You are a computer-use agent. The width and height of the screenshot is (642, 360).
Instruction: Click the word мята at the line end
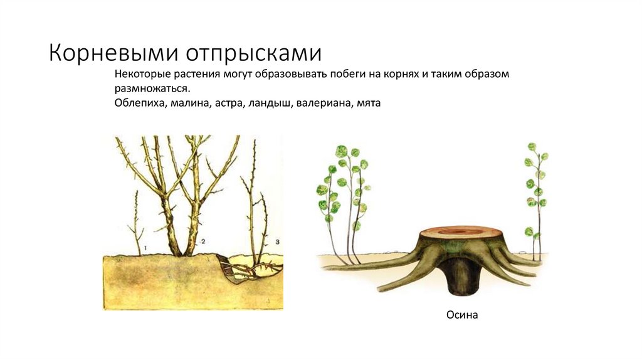(369, 102)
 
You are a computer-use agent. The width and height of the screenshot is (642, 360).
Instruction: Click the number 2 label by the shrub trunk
(203, 241)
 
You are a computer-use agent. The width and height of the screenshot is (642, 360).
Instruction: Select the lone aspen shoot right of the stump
(535, 201)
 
